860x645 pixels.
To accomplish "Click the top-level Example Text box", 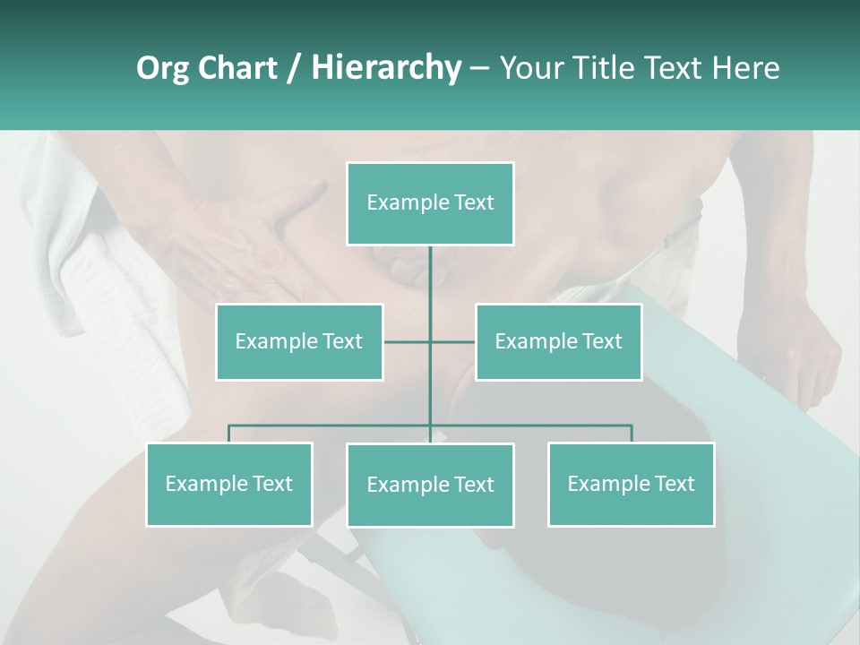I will coord(430,203).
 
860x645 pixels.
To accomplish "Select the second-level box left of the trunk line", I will coord(299,341).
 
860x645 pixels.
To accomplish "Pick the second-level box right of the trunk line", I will coord(558,341).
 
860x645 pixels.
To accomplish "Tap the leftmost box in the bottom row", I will coord(229,485).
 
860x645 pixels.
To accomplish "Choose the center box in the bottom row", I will coord(430,486).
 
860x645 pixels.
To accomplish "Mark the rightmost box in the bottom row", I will coord(631,485).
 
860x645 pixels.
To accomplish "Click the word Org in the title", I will coord(162,68).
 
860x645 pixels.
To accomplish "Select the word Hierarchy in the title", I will coord(385,68).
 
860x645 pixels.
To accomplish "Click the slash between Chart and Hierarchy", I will coord(294,68).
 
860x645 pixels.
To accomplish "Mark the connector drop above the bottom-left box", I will coord(229,434).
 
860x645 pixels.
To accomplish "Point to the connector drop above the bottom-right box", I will coord(631,434).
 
